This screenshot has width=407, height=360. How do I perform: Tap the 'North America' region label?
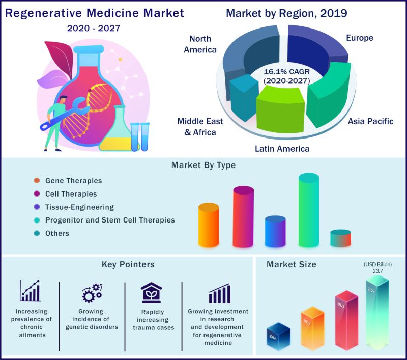coord(202,44)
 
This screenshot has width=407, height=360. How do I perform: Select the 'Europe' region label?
coord(359,38)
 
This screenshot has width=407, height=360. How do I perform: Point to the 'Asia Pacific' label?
coord(370,121)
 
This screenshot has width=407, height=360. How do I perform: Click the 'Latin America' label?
coord(282,149)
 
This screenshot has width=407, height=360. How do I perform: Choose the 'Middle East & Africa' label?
coord(196,127)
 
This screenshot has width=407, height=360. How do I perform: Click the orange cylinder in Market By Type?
coord(209,225)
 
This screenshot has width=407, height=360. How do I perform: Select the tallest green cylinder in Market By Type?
coord(309,211)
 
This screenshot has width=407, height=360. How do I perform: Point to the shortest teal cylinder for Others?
coord(340,238)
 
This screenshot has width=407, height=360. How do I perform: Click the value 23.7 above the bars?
coord(376,271)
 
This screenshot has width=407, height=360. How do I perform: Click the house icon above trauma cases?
coord(151,293)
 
